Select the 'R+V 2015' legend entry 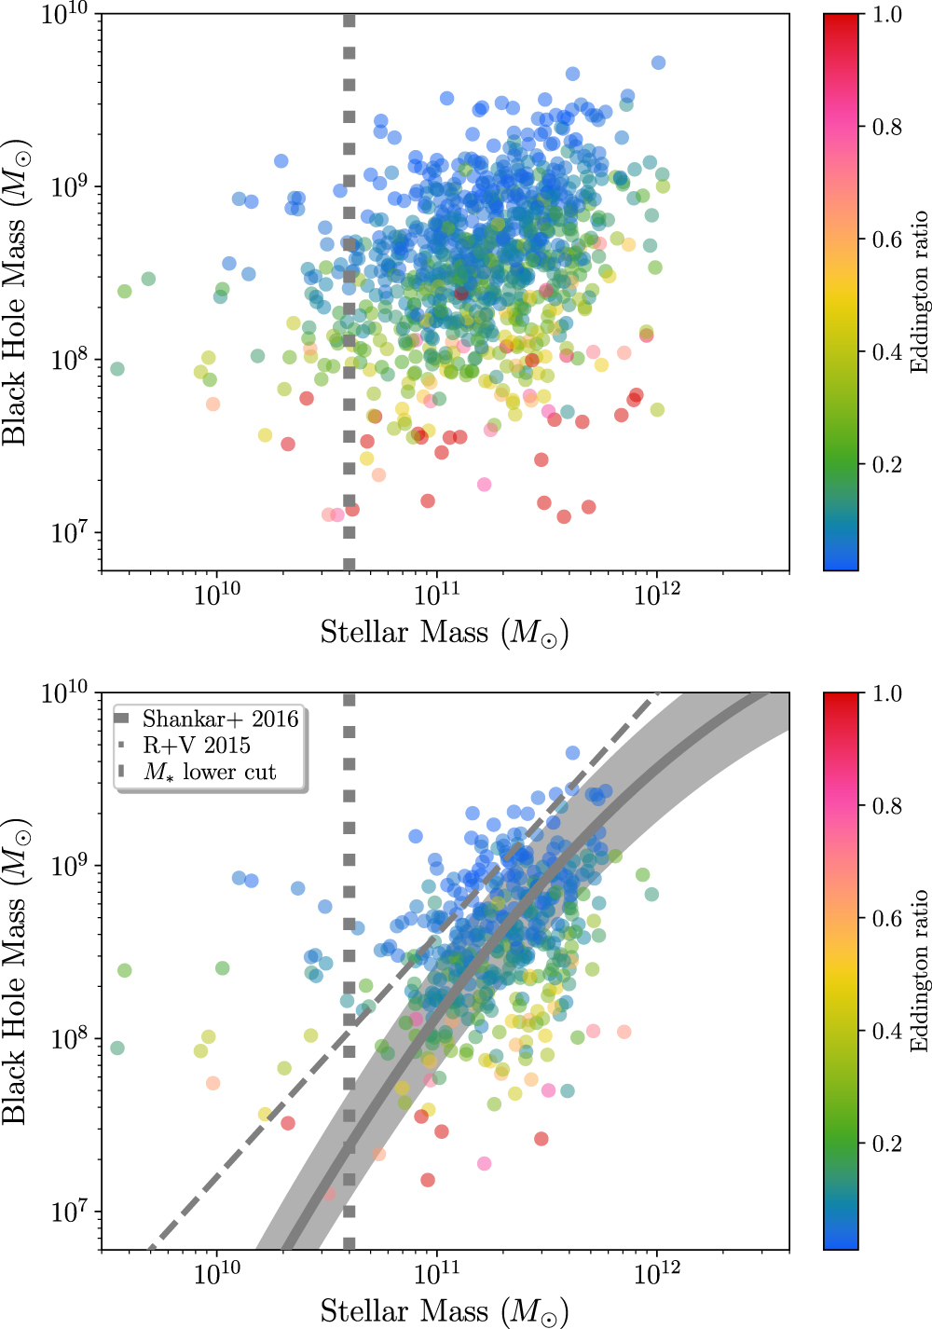pos(197,746)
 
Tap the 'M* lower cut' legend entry pos(210,772)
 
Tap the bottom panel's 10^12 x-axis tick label pos(656,1274)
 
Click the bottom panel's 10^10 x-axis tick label pos(217,1274)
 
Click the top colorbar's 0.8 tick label pos(886,127)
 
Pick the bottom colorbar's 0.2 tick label pos(886,1144)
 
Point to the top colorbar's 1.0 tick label pos(886,15)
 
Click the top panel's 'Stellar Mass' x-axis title pos(445,633)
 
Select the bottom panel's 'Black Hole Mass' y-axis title pos(16,971)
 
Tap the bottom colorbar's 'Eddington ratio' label pos(920,970)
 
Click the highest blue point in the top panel pos(658,62)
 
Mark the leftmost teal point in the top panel pos(117,369)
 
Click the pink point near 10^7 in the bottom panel pos(484,1163)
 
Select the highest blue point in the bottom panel pos(572,753)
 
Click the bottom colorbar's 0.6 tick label pos(886,918)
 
